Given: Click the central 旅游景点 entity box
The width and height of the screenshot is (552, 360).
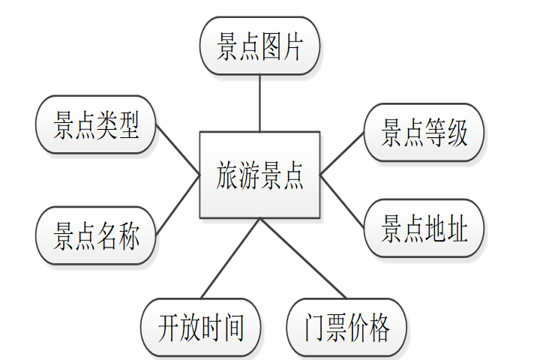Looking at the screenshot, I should tap(259, 175).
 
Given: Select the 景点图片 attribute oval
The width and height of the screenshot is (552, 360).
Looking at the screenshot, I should tap(259, 46).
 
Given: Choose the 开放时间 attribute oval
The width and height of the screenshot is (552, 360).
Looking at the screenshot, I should tap(201, 327).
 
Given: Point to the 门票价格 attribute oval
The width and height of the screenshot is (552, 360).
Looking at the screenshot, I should tap(346, 327).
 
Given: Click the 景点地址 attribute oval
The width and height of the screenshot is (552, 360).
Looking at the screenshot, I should tap(424, 228).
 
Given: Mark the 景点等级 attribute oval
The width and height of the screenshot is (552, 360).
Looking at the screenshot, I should tap(424, 133).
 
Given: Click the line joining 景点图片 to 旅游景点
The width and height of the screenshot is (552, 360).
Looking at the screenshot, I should tap(259, 103).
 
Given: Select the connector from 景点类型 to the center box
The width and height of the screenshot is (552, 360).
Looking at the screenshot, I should tap(178, 151).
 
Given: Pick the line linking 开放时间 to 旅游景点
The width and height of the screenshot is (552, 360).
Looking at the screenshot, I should tap(231, 258).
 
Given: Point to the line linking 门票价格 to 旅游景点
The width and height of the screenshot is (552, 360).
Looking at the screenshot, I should tap(301, 258).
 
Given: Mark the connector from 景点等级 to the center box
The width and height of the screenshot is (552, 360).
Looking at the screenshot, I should tap(342, 154).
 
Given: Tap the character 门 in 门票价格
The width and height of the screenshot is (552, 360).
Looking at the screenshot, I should tap(314, 328).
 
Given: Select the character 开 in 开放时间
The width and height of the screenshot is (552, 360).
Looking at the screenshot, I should tap(169, 328).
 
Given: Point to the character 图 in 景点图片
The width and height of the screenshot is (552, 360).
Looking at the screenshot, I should tap(271, 46).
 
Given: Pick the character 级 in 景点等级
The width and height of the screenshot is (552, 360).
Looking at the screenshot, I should tap(457, 133).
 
